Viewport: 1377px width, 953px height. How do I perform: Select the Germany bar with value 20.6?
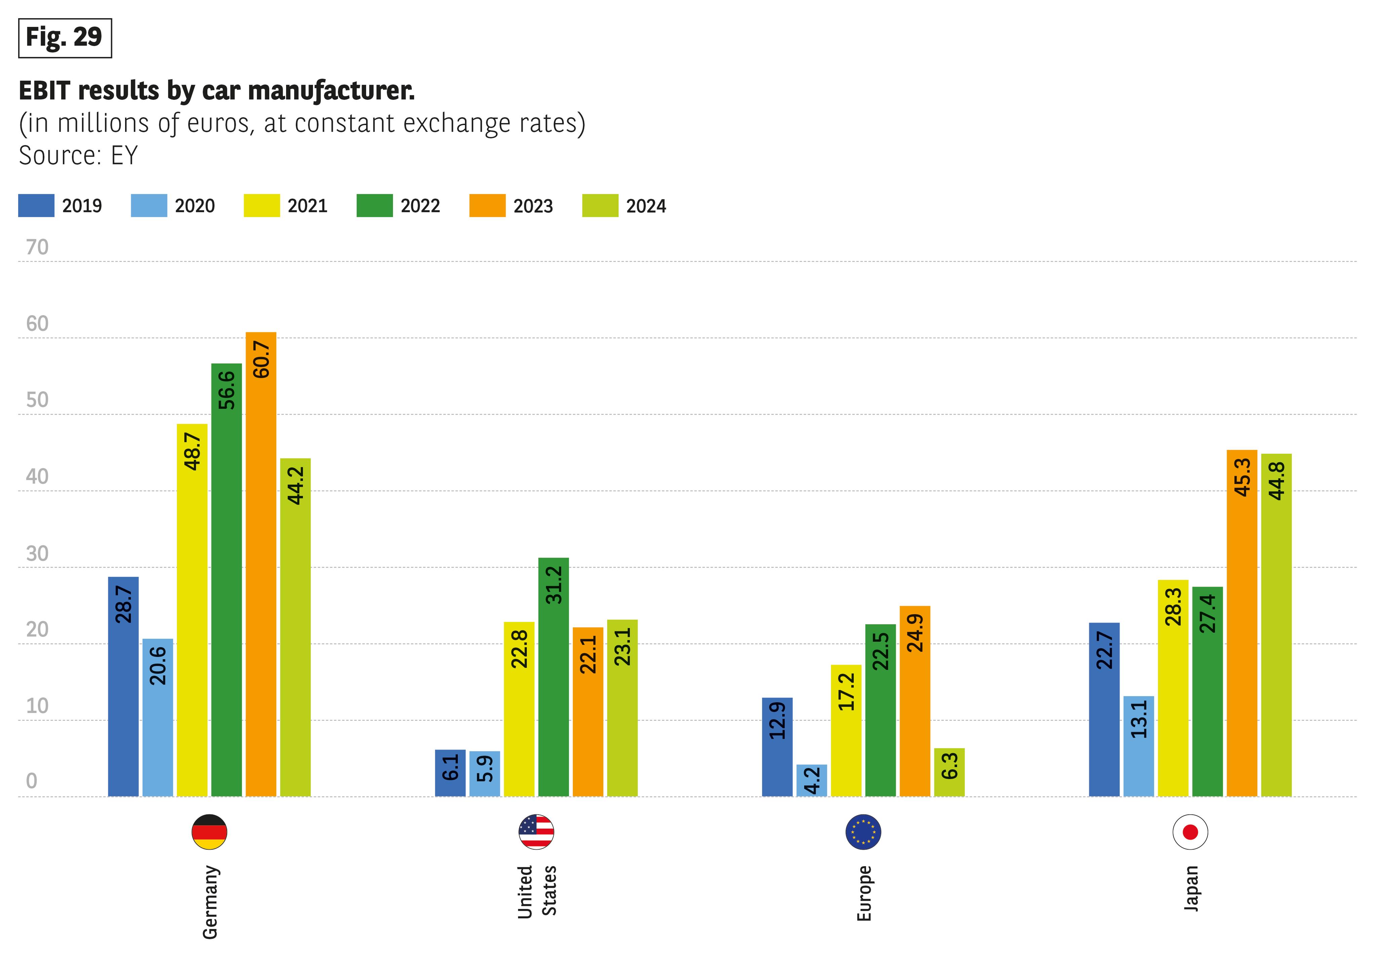click(158, 717)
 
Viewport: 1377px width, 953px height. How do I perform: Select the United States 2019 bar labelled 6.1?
click(450, 773)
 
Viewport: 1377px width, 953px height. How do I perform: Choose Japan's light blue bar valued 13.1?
click(1138, 746)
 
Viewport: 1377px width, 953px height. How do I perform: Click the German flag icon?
click(209, 831)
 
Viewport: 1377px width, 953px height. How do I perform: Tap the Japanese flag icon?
click(1190, 831)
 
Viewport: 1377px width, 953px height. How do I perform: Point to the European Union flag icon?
click(863, 831)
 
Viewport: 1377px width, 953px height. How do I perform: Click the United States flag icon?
click(536, 831)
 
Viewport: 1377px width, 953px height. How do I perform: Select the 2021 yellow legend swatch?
click(262, 205)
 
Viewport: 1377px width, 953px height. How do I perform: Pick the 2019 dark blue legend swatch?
click(36, 205)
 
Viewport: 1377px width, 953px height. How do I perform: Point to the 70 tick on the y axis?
click(37, 247)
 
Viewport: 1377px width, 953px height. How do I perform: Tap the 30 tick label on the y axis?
click(37, 554)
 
